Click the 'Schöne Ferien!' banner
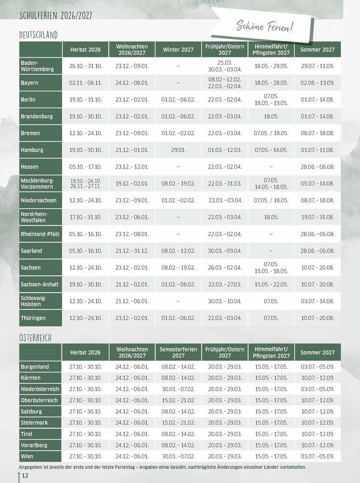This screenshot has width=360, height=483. coord(265,27)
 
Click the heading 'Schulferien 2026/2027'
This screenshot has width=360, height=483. coord(56,16)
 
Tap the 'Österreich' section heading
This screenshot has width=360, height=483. coord(36,337)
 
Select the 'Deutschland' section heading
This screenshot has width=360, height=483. coord(39,35)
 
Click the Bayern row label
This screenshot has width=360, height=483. coord(29,83)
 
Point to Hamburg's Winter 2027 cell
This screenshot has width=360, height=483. coord(178,150)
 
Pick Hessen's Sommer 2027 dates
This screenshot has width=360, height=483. coord(317,167)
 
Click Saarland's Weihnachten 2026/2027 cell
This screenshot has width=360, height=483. coord(132,251)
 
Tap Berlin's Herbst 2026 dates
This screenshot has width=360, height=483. coord(86,100)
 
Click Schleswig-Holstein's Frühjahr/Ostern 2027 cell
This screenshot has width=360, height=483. coord(225,301)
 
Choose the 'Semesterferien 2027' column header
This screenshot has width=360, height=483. coord(178,352)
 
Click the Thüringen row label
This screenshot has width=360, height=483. coord(33,318)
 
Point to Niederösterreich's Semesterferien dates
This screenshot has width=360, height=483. coord(178,389)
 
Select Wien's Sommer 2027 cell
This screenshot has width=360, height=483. coord(317,456)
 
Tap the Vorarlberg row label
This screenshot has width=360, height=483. coord(34,445)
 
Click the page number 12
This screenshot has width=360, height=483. coord(25,476)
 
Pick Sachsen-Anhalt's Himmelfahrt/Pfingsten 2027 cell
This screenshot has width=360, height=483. coord(271,284)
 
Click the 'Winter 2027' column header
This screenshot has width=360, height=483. coord(178,50)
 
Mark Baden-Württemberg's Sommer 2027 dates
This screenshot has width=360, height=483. coord(317,66)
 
